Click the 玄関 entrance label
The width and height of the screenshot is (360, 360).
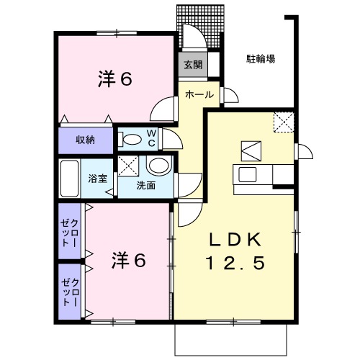coord(192,64)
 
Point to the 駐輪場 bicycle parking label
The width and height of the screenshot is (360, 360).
coord(261,59)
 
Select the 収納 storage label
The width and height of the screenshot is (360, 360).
coord(85,139)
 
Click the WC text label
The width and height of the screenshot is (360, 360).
coord(152,138)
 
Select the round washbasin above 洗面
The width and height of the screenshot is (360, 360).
coord(158,166)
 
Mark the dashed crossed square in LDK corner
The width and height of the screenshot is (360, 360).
coord(284,122)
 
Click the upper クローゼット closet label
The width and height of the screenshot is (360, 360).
coord(71,230)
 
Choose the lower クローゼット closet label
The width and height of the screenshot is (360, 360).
coord(71,291)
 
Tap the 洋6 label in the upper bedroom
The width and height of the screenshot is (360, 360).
coord(115,80)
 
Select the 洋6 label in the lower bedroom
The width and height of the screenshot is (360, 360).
coord(130,260)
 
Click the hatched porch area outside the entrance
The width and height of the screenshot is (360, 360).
coord(203,25)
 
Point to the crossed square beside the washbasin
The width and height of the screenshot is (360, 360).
coord(130,166)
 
